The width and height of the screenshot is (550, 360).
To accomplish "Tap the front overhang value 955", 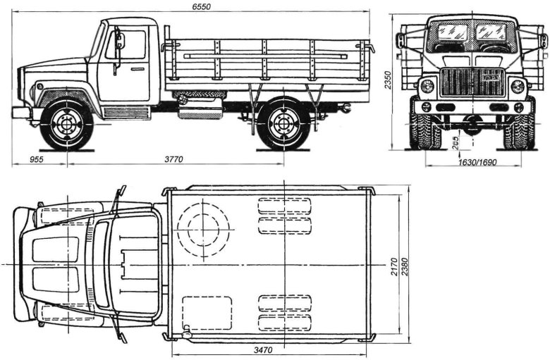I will point(37,160).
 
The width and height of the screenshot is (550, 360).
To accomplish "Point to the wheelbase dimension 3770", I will point(172,160).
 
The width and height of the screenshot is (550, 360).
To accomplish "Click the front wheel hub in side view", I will point(67,125).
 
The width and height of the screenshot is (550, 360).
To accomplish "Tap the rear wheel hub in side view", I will point(283,125).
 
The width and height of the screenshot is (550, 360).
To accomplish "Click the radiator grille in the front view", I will point(471,82).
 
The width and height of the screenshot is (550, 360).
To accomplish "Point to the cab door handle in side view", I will point(136,68).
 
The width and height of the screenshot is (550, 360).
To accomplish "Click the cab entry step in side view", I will point(127,112).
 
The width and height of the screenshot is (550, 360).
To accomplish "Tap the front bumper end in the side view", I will point(20,112).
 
